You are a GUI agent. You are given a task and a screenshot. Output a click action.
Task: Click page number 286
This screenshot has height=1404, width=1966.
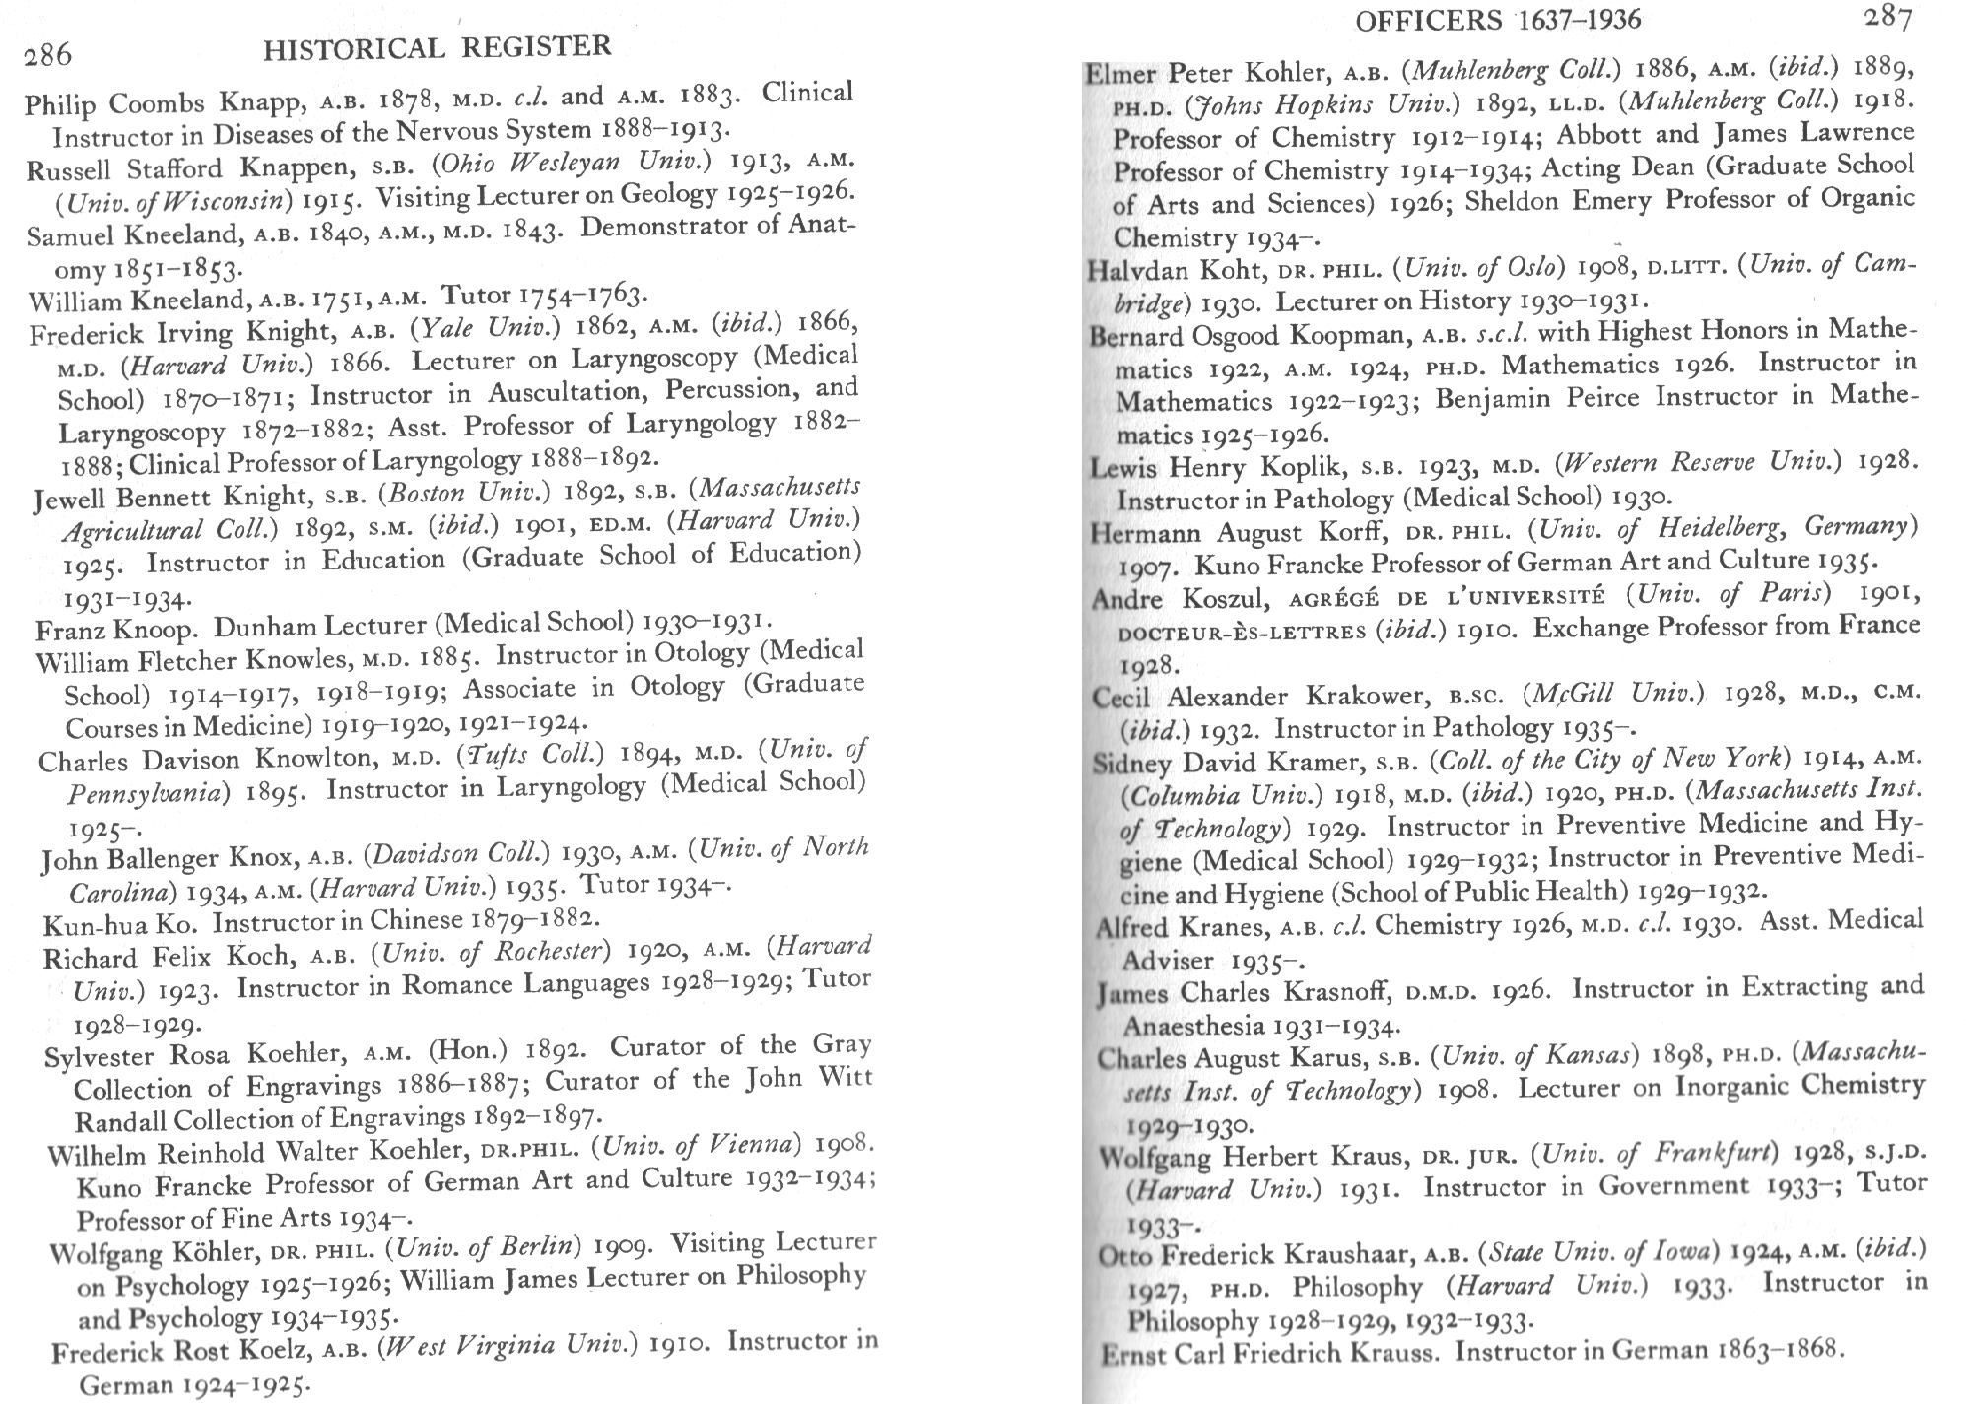(48, 54)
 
